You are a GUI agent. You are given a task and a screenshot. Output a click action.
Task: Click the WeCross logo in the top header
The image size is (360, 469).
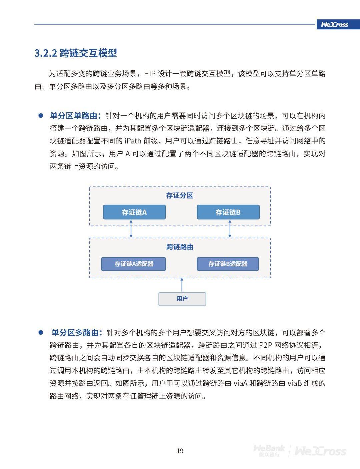(x=334, y=24)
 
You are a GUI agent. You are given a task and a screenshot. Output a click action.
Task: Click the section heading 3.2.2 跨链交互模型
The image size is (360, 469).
(x=76, y=53)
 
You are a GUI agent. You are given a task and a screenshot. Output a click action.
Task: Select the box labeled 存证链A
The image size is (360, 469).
(x=134, y=212)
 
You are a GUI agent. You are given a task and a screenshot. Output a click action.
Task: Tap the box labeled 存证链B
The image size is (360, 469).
(x=228, y=212)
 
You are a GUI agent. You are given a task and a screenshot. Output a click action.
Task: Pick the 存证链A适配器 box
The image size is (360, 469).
(x=133, y=264)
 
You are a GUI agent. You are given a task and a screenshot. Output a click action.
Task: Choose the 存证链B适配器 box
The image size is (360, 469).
(x=228, y=264)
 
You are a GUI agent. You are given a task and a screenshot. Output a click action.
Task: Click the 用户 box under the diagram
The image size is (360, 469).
(x=182, y=299)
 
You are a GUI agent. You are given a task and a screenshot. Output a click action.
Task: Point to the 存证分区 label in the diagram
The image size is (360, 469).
(x=180, y=195)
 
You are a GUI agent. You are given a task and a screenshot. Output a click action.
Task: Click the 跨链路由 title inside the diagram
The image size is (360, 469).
(x=180, y=247)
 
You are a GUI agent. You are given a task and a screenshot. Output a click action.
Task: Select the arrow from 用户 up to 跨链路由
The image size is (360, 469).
(x=182, y=285)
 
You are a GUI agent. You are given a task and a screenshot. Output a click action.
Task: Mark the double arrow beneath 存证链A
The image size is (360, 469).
(x=131, y=228)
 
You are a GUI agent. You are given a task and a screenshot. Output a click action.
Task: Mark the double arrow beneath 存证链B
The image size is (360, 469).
(x=230, y=228)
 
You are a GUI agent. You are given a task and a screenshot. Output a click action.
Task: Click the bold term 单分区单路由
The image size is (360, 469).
(x=74, y=116)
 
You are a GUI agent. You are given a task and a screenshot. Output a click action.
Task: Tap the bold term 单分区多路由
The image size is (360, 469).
(x=75, y=333)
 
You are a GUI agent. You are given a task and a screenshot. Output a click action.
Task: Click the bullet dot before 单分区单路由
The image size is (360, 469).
(x=41, y=116)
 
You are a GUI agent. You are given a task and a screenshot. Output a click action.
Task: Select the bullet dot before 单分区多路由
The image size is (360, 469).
(x=41, y=333)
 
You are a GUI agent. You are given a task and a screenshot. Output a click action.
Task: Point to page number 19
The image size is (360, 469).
(x=180, y=451)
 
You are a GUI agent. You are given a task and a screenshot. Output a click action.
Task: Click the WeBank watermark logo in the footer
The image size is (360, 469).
(x=269, y=450)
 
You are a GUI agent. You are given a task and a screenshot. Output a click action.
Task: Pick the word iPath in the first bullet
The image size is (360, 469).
(x=133, y=141)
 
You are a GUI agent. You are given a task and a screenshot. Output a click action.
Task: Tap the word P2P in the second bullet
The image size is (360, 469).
(x=265, y=345)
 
